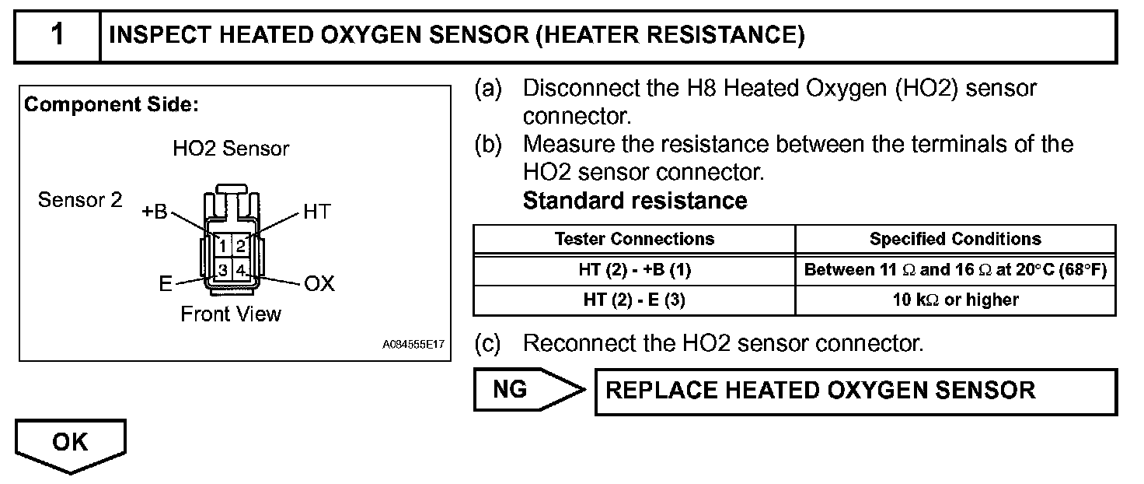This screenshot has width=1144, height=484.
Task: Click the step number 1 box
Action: click(x=58, y=36)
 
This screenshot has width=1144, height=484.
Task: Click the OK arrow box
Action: click(x=70, y=444)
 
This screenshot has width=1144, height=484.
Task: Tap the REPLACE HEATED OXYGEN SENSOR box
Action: click(x=855, y=391)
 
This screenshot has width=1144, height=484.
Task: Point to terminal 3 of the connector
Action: click(x=222, y=271)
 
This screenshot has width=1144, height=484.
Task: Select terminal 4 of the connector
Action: click(x=242, y=271)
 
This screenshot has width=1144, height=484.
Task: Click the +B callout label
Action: click(x=155, y=212)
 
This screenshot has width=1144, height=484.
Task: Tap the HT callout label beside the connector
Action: click(x=316, y=212)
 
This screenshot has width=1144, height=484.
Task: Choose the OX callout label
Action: click(x=319, y=284)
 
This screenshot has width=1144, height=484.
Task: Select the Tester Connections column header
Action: click(x=634, y=239)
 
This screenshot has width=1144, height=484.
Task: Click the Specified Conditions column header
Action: click(x=955, y=239)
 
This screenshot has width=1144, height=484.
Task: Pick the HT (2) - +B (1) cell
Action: click(x=634, y=270)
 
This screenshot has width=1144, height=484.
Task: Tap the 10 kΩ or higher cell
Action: click(x=955, y=300)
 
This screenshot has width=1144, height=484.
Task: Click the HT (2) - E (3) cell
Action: click(x=634, y=300)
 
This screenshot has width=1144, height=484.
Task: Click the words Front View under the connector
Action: click(x=231, y=314)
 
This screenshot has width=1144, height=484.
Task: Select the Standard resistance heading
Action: click(x=635, y=201)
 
